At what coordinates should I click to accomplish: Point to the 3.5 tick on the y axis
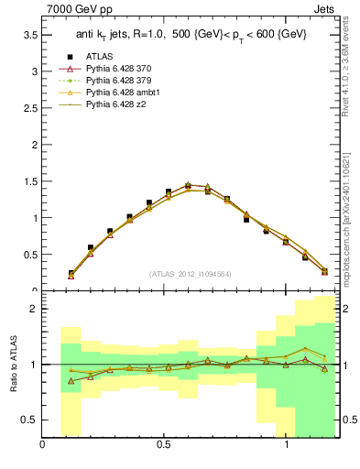tap(30, 34)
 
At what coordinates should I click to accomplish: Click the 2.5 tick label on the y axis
tap(30, 107)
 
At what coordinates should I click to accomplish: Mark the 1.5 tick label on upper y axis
tap(30, 181)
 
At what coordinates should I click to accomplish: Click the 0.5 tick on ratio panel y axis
tap(30, 420)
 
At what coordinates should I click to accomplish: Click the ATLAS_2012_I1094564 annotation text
tap(190, 274)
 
